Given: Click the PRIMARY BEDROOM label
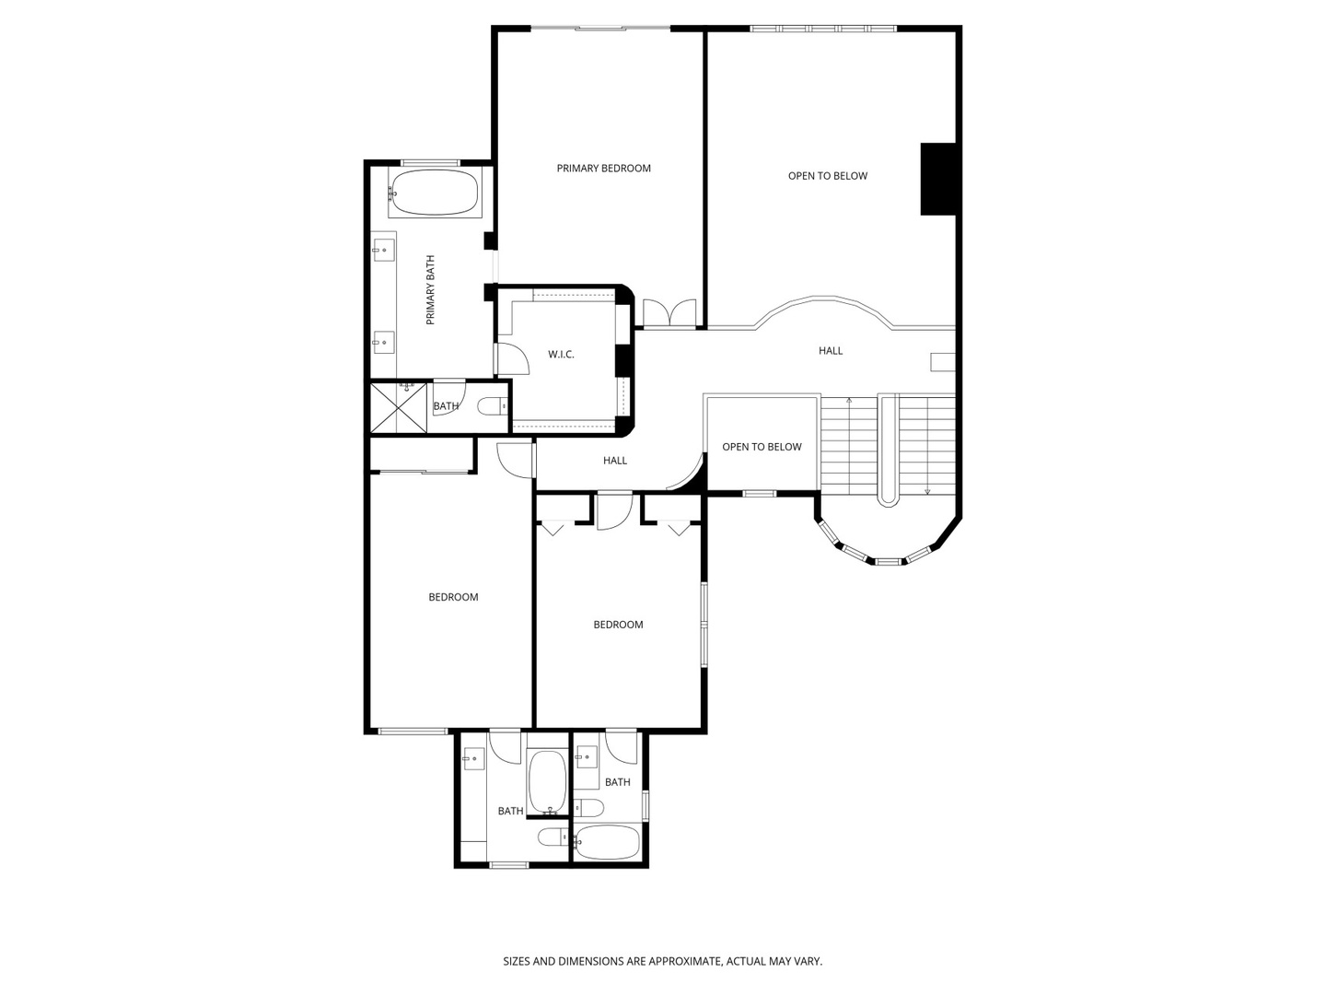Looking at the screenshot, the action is (603, 169).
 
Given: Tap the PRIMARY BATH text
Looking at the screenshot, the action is (431, 290).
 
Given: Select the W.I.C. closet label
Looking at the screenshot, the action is (561, 355).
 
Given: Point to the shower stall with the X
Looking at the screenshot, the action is (399, 408).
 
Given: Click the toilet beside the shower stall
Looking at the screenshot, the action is (492, 406).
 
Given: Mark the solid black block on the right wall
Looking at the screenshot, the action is (938, 179).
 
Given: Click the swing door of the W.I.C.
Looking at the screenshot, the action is (512, 359).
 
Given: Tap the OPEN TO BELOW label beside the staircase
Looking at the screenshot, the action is (762, 447).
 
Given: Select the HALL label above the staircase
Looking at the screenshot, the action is (831, 351).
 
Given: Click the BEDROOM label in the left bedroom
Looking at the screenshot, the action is (453, 598).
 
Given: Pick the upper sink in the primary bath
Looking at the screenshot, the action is (382, 250).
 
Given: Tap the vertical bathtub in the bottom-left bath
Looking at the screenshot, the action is (547, 782).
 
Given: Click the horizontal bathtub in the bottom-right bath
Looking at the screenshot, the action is (607, 842).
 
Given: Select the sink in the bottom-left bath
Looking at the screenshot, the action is (473, 758).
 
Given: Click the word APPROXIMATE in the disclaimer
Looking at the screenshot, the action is (684, 961).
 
